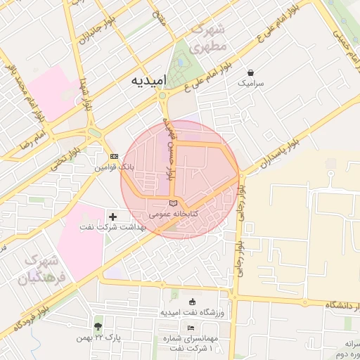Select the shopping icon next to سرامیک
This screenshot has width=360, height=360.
click(251, 72)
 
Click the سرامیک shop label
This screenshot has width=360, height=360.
click(251, 83)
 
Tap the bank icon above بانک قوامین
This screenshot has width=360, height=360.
click(114, 156)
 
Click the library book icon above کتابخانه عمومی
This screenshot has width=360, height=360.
click(174, 202)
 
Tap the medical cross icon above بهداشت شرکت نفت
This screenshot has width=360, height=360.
click(113, 215)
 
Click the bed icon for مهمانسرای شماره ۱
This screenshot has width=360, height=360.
click(191, 328)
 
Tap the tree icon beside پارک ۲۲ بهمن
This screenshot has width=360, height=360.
click(97, 327)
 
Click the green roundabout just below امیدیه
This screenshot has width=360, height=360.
click(162, 96)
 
